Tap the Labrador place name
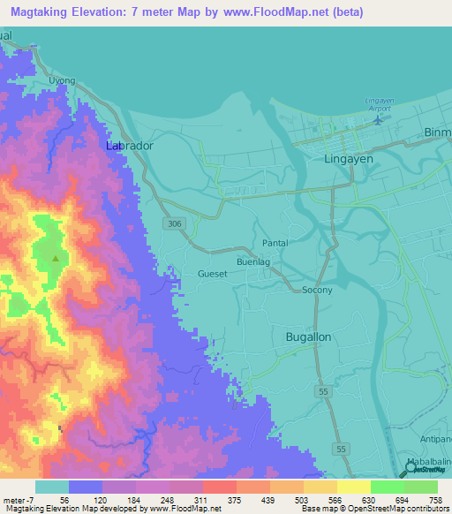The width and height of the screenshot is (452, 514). coord(130,145)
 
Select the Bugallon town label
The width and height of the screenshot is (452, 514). coord(309,336)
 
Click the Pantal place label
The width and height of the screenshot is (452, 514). coord(276,242)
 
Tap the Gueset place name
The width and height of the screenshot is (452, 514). coord(213,274)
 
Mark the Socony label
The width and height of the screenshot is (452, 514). coord(317,290)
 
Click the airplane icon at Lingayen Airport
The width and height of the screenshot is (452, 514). coord(380,118)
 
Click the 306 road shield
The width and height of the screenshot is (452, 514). coord(173,224)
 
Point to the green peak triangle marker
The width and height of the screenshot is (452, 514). coord(56,259)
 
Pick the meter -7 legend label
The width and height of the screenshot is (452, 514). coord(17,499)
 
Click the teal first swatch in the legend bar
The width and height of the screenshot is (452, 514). coord(52,487)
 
